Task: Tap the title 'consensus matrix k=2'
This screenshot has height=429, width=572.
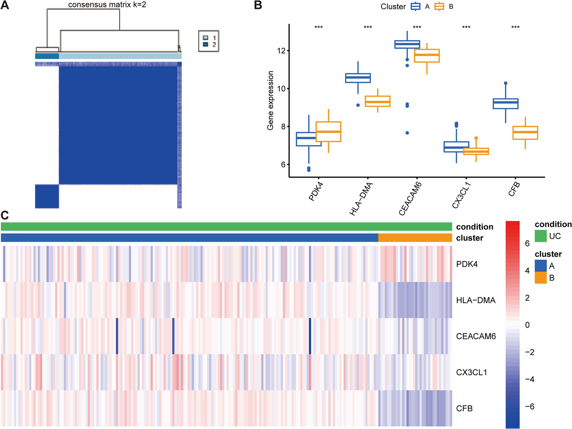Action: pos(107,5)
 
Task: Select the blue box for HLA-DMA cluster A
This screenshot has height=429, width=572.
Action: pos(358,78)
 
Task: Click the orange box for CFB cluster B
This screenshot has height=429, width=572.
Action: pos(525,133)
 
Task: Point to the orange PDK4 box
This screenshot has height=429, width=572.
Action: pos(328,132)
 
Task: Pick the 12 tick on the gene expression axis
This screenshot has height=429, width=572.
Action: pos(281,51)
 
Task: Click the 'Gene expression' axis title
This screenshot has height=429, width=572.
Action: pos(271,100)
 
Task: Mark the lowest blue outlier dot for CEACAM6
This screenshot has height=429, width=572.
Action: pos(407,133)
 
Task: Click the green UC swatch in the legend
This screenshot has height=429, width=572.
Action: pos(541,236)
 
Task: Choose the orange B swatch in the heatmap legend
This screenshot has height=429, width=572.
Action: pos(541,278)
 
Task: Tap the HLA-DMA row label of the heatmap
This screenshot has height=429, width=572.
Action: pos(475,300)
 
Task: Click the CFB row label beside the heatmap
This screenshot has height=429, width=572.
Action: pos(464,409)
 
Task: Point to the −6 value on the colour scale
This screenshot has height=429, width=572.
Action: pos(529,406)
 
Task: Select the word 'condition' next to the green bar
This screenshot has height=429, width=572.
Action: pos(474,227)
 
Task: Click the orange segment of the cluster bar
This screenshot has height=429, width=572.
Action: pos(415,238)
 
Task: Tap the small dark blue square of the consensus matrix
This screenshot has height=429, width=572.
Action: pos(47,196)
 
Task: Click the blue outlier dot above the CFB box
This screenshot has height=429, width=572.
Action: pos(506,83)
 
